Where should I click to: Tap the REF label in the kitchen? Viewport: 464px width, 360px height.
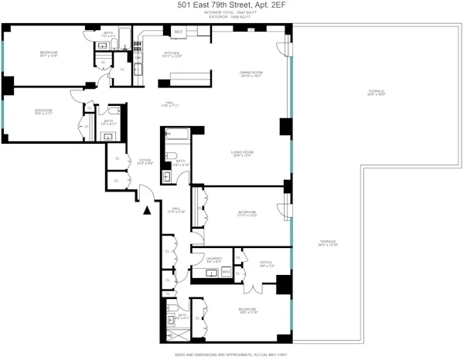tap(178, 32)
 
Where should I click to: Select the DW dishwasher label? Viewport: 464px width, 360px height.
tap(138, 58)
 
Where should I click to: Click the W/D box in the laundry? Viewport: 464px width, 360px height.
tap(227, 272)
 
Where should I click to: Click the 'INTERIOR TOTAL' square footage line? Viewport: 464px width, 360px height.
tap(231, 13)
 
